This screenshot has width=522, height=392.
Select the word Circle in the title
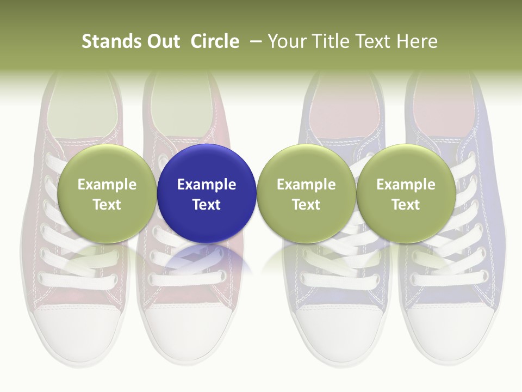pos(215,41)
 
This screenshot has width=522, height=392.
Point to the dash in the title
pos(256,42)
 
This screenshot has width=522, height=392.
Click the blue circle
pos(207,163)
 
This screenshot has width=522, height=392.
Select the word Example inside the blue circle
pos(207,185)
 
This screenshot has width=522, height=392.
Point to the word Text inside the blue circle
pos(207,205)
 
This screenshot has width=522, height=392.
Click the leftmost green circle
pos(107,163)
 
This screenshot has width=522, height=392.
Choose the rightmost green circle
pos(406,163)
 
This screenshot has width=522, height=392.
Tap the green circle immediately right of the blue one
pos(306,163)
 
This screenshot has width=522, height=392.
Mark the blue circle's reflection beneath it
pos(207,258)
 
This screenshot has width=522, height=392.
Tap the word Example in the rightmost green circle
pos(406,185)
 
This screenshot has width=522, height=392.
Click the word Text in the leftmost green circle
pos(107,205)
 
